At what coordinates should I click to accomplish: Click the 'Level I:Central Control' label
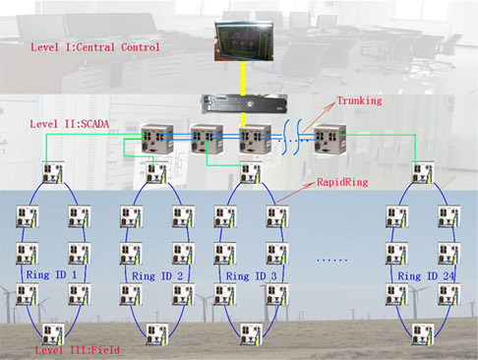click(95, 47)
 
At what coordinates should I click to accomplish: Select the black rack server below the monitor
click(243, 102)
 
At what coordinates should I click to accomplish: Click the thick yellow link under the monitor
click(242, 77)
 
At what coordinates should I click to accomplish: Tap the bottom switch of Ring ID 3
click(249, 335)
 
